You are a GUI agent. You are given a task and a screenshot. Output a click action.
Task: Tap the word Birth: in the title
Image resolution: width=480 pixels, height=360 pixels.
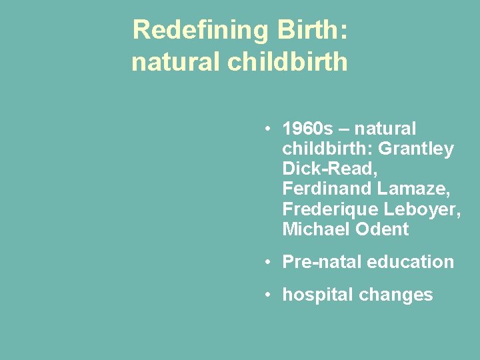click(x=309, y=31)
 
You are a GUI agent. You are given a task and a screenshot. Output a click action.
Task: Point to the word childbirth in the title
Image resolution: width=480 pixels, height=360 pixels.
click(x=287, y=62)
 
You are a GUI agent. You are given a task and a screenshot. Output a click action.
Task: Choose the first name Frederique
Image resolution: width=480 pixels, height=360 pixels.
click(x=330, y=209)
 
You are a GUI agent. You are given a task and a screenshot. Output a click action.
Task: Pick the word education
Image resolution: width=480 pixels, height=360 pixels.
click(x=411, y=262)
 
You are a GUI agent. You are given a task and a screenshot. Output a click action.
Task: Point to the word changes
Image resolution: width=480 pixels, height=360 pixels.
click(x=401, y=295)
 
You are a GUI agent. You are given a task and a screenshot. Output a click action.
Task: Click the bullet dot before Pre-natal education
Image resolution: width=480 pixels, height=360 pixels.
click(x=266, y=262)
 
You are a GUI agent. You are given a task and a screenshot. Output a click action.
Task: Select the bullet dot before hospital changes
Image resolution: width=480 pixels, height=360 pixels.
click(x=266, y=295)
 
